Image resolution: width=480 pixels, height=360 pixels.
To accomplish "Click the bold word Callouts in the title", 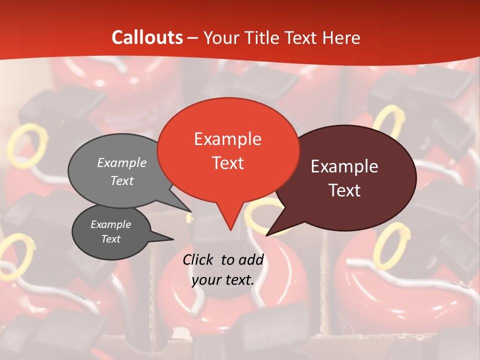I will tap(147, 37).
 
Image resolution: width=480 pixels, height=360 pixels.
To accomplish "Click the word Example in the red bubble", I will tap(228, 139).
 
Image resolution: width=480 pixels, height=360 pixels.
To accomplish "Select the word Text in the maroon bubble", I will tap(345, 190).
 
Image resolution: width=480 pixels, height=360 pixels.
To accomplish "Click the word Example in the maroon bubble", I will tap(344, 166).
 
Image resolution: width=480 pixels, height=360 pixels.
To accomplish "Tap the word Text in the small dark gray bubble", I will tap(111, 239).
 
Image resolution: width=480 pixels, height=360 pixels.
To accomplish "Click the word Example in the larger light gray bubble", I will tap(122, 163).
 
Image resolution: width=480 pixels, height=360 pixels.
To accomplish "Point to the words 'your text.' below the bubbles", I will tap(223, 280).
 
